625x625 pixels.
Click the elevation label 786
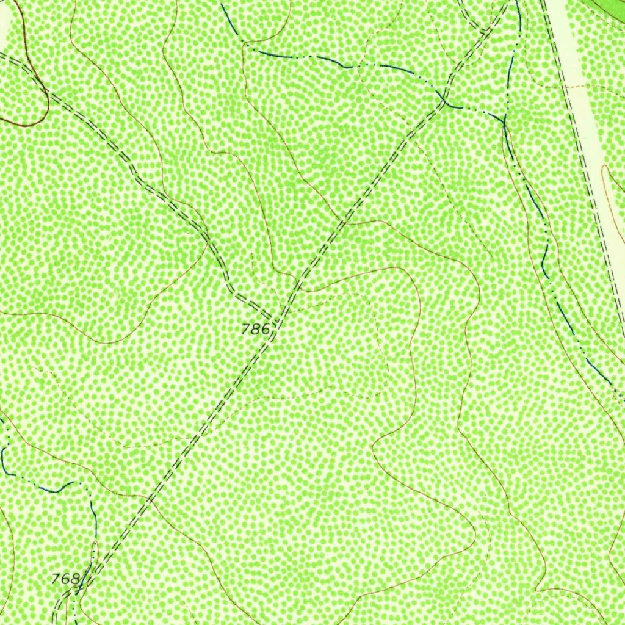(255, 330)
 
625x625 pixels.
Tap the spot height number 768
(66, 578)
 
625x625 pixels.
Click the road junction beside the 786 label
(278, 319)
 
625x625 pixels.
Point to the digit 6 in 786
(264, 330)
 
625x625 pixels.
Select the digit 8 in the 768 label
(74, 578)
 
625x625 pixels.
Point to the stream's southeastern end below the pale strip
(610, 385)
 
